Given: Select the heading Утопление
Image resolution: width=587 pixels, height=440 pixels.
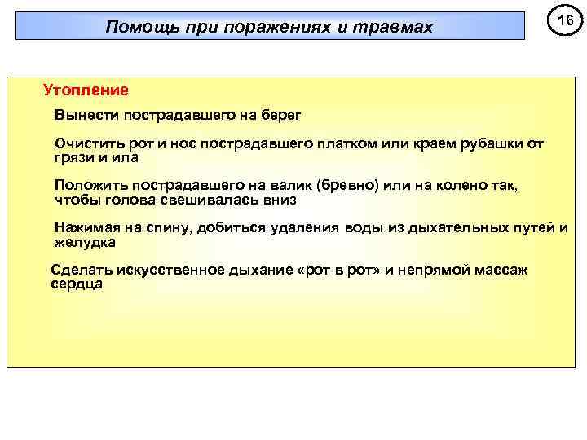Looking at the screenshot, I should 86,87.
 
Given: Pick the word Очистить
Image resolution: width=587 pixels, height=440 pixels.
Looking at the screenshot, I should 87,143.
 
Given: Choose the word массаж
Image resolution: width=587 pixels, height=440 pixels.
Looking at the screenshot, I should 499,271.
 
